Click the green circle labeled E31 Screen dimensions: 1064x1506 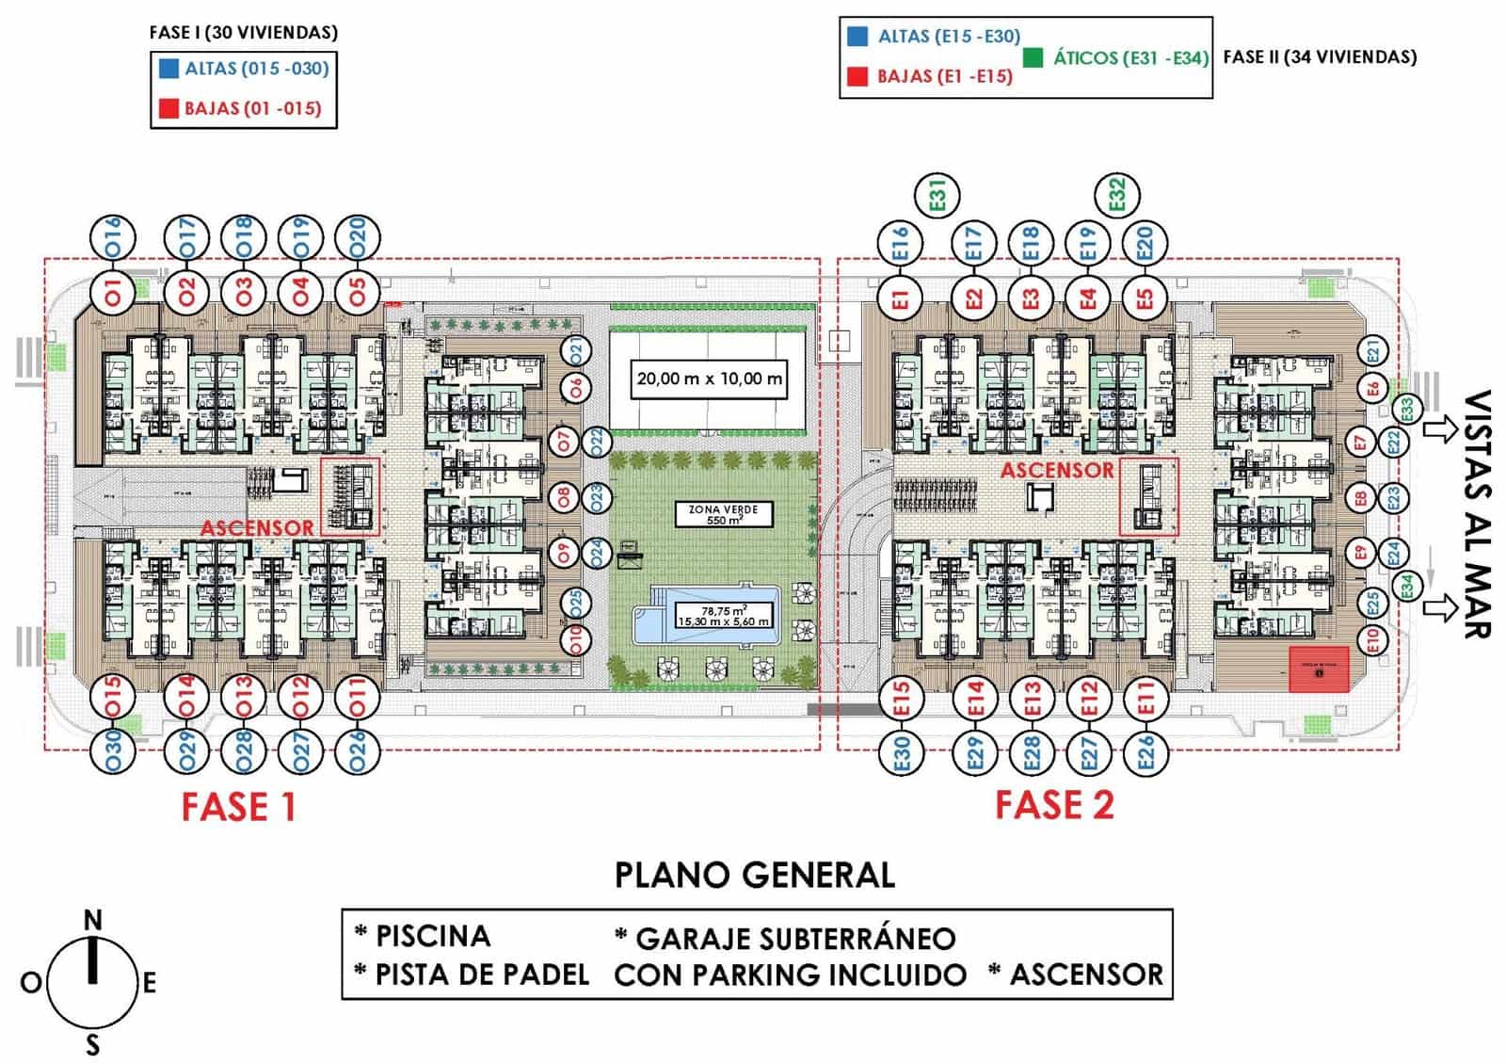pos(937,196)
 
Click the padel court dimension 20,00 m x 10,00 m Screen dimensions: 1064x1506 pos(709,379)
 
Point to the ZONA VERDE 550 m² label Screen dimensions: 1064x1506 pos(723,514)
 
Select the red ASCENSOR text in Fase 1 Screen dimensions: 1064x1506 pos(257,527)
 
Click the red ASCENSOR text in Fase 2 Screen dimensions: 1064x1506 pos(1056,469)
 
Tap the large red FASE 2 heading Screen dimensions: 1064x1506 pos(1054,805)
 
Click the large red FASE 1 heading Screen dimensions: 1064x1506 pos(238,807)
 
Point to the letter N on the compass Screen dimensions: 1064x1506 pos(92,920)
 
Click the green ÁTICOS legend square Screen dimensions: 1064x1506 pos(1033,57)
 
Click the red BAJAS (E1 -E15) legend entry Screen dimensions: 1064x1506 pos(944,76)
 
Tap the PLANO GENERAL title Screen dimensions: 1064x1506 pos(754,875)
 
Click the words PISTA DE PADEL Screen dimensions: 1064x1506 pos(482,975)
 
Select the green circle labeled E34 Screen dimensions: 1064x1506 pos(1406,586)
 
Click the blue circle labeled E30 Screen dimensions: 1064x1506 pos(902,753)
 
